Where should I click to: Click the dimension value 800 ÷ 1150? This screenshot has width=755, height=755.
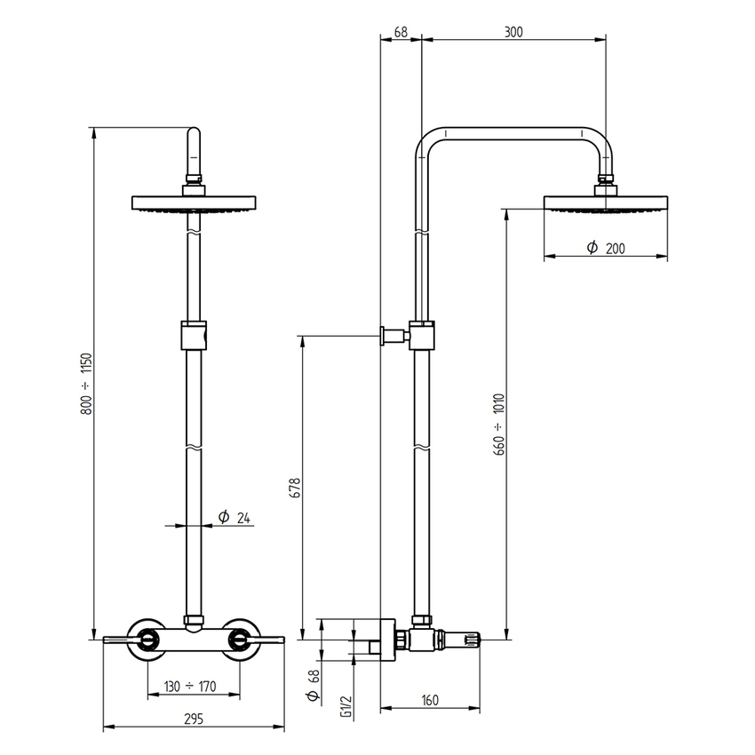pos(86,384)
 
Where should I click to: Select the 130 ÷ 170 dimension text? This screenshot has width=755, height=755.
pos(191,686)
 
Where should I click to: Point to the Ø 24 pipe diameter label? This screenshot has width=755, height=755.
pos(233,517)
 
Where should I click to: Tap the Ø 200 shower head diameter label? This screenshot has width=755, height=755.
pos(606,249)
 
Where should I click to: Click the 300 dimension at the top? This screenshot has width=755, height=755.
pos(513,32)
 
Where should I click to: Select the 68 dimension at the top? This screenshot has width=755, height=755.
pos(400,32)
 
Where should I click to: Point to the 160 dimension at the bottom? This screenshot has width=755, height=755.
pos(430,700)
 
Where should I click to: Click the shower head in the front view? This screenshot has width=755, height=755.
pos(195,203)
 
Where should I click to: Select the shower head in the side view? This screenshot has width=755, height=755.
pos(605,203)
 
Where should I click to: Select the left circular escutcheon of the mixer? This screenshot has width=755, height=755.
pos(147,638)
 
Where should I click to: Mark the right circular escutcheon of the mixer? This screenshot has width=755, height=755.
pos(240,638)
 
